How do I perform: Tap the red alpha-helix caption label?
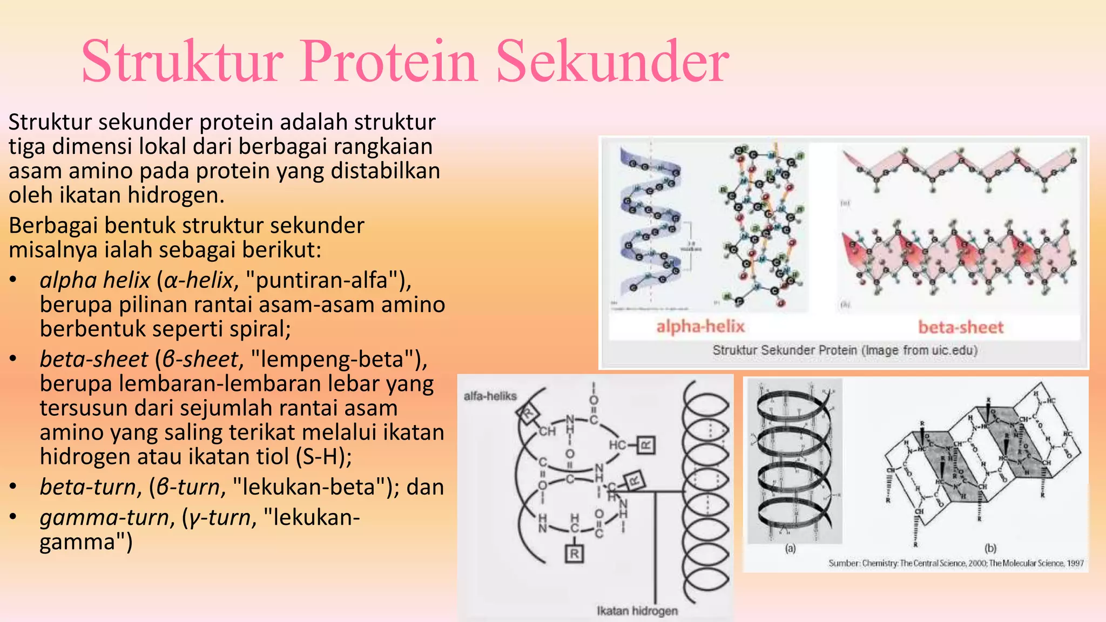tap(700, 327)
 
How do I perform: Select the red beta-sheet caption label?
tap(961, 327)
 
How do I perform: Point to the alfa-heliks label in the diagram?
tap(490, 396)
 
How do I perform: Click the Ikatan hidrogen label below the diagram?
tap(637, 611)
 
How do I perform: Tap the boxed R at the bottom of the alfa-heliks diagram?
tap(574, 553)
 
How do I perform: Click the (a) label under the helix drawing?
tap(790, 549)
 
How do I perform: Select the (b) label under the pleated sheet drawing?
tap(990, 548)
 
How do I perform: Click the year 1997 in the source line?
tap(1075, 563)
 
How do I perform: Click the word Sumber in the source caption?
tap(844, 563)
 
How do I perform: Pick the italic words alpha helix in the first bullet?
tap(95, 280)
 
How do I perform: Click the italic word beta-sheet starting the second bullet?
tap(93, 360)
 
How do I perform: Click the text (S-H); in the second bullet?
tap(324, 457)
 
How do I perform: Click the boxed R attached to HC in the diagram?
tap(646, 445)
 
